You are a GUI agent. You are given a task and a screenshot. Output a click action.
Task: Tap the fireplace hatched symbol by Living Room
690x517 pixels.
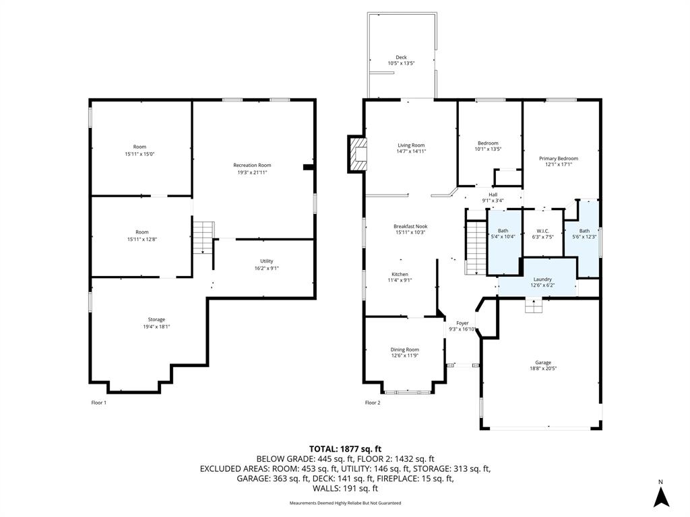click(x=357, y=153)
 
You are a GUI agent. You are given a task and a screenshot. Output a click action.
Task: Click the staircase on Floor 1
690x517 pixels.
click(x=203, y=238)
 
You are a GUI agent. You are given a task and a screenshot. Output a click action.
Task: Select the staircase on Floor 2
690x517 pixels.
click(x=476, y=247)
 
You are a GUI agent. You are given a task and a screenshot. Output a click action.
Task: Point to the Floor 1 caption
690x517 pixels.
click(x=98, y=403)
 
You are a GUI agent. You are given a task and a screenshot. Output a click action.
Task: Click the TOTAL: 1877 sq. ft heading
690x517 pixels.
click(x=345, y=449)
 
